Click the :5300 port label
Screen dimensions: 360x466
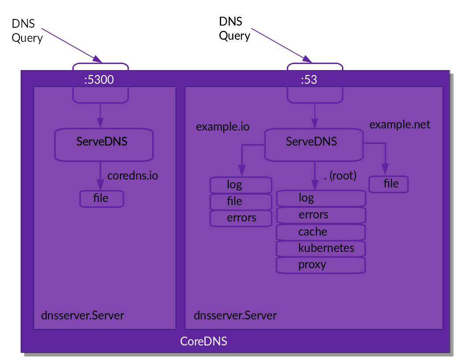[99, 80]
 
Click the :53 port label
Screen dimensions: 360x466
[309, 80]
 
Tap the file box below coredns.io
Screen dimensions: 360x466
[101, 199]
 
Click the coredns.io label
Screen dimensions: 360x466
[132, 176]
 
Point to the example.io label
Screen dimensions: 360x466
[222, 127]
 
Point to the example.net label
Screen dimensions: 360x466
[399, 124]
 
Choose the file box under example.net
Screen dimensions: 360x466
[388, 184]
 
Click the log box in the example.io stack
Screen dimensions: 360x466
[241, 184]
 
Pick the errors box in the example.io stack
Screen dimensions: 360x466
[241, 218]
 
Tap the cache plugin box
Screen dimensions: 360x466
[321, 232]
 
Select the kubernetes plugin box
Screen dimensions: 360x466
[321, 248]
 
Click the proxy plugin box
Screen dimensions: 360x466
[321, 265]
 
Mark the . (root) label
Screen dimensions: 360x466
[340, 176]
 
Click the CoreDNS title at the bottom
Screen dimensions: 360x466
[203, 341]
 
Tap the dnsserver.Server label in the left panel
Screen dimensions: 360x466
[83, 316]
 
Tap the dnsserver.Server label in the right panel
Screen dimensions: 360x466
[235, 316]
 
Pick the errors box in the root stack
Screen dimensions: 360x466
[321, 215]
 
